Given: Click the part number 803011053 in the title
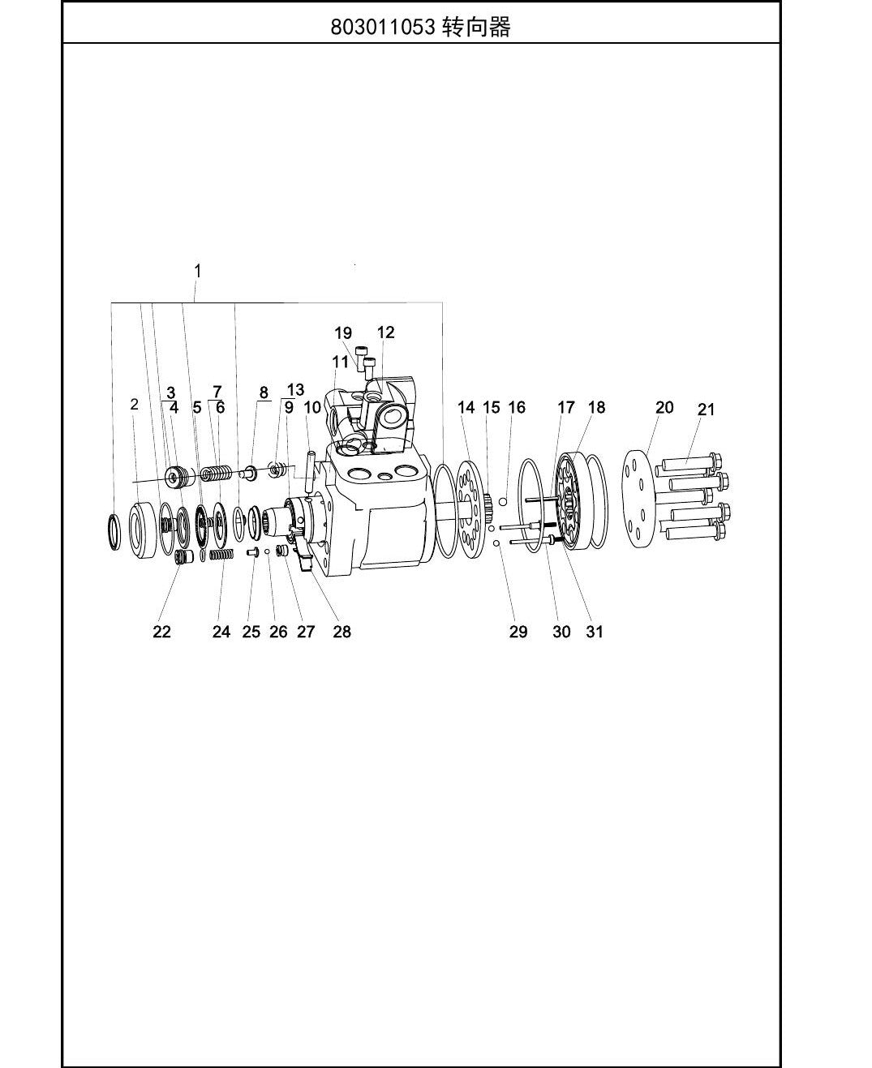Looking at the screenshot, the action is (x=383, y=27).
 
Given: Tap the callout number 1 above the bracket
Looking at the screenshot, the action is (x=198, y=271).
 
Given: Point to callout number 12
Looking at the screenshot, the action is (x=385, y=332).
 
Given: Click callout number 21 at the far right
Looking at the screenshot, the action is (x=706, y=410).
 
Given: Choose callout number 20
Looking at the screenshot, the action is (x=664, y=407).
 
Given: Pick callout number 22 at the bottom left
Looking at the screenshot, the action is (x=162, y=632).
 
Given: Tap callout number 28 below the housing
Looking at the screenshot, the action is (x=342, y=632).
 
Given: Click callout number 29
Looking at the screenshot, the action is (x=518, y=632).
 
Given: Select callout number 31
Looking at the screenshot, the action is (x=595, y=632).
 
